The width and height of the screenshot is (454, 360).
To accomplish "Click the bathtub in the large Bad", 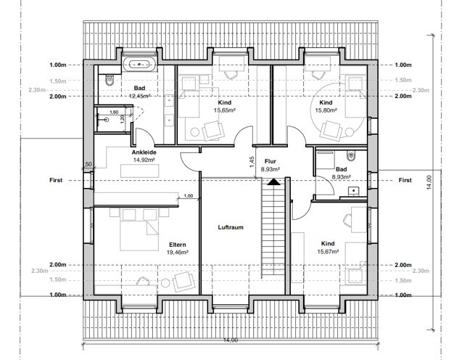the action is (139, 64).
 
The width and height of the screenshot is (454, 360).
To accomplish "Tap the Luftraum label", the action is (231, 227).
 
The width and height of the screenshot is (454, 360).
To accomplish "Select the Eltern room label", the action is (178, 245).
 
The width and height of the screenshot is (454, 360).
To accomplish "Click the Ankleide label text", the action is (144, 152).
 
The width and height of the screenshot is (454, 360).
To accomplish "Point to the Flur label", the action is (270, 161).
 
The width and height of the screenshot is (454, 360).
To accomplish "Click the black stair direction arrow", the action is (273, 181).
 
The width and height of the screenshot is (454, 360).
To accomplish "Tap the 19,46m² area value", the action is (178, 253).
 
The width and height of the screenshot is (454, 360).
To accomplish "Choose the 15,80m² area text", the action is (326, 110).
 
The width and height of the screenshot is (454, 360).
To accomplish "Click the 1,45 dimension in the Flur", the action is (252, 162).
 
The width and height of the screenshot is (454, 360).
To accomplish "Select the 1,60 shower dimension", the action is (114, 112).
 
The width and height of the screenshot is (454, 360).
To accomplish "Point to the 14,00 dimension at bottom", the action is (231, 340).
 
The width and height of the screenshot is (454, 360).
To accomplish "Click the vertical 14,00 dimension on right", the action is (429, 182).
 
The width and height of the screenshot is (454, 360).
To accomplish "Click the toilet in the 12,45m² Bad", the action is (110, 80).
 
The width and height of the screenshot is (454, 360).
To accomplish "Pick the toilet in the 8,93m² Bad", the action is (350, 155).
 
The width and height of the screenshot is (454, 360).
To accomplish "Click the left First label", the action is (56, 180).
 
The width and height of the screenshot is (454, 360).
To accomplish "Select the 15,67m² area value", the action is (328, 252).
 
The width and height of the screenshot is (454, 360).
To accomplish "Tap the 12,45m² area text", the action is (139, 96).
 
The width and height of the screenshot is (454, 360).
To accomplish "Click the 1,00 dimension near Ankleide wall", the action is (189, 196).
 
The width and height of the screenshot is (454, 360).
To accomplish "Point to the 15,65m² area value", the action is (225, 110).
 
